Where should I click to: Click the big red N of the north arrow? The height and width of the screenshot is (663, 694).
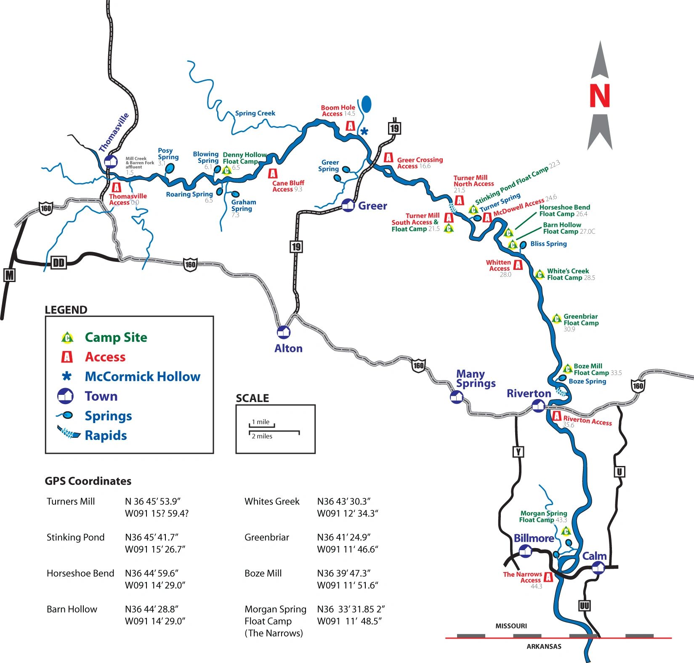point(600,96)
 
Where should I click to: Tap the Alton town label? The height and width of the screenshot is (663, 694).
point(288,348)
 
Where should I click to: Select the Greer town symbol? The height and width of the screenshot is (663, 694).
point(348,205)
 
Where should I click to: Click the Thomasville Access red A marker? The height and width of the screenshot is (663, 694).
point(117,187)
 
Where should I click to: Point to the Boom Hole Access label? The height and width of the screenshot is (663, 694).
point(338,111)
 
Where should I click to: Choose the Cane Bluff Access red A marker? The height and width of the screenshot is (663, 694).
point(273,173)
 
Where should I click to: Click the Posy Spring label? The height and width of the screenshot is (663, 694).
point(168,154)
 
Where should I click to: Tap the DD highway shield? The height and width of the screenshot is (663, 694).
point(58,263)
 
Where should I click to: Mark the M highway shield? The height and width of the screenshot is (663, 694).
point(9,275)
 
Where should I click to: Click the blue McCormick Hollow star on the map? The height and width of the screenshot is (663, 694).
point(364,131)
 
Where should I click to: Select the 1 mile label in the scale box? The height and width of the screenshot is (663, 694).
point(261,422)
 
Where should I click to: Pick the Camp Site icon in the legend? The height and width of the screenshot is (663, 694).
point(67,338)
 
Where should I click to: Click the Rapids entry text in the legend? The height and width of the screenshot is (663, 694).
point(106,435)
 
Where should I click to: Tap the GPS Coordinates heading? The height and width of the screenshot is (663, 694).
point(88,481)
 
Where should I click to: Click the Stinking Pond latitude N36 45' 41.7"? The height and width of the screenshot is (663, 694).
point(152,537)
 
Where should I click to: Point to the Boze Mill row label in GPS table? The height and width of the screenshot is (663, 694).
point(263,573)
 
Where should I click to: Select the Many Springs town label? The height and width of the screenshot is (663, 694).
point(476,378)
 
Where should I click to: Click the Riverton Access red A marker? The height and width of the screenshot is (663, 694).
point(557,416)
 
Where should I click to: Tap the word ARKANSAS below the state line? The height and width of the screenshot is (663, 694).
point(544,647)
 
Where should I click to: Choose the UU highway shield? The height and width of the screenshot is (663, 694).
point(584,606)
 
